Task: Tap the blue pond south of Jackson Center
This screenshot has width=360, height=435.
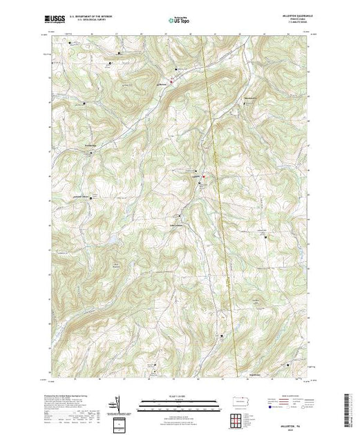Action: [106, 240]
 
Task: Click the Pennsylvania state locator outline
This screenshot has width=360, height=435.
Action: [236, 402]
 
